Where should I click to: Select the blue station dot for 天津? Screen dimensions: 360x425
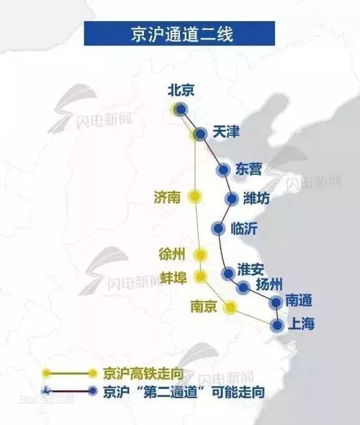click(x=200, y=134)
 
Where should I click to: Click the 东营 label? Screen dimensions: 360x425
click(x=249, y=169)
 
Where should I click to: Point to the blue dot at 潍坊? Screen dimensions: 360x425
click(x=232, y=199)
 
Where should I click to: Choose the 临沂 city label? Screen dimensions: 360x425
click(x=243, y=228)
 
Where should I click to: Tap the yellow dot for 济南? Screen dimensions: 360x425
click(x=195, y=196)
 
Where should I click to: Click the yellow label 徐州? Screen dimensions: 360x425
click(x=172, y=254)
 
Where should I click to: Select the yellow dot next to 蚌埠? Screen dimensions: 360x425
click(x=200, y=276)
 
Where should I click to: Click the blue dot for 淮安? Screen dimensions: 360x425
click(x=228, y=272)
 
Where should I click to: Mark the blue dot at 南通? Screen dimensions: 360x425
click(x=276, y=302)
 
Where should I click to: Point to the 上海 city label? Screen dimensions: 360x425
click(x=302, y=324)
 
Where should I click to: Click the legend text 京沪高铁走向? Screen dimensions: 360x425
click(x=136, y=373)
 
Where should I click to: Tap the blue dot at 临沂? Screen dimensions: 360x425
click(x=217, y=228)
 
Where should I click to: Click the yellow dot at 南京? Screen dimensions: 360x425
click(x=230, y=307)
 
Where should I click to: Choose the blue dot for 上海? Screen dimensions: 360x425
click(x=277, y=324)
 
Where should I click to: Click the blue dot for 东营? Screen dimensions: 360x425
click(x=223, y=170)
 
